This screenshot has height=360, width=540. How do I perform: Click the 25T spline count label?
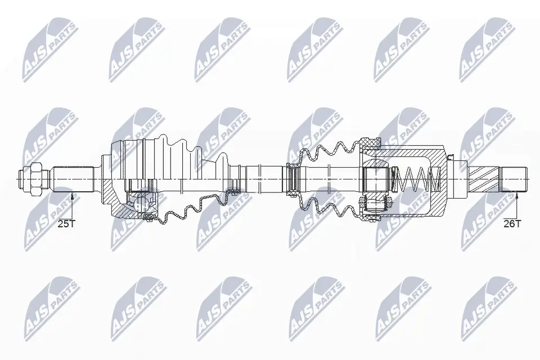point(66,224)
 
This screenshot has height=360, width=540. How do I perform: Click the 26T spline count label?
point(512,224)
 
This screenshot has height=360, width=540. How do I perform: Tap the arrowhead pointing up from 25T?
point(73,195)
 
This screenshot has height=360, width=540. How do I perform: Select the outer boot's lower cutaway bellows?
point(191,208)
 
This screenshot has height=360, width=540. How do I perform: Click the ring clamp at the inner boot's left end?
point(291,179)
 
